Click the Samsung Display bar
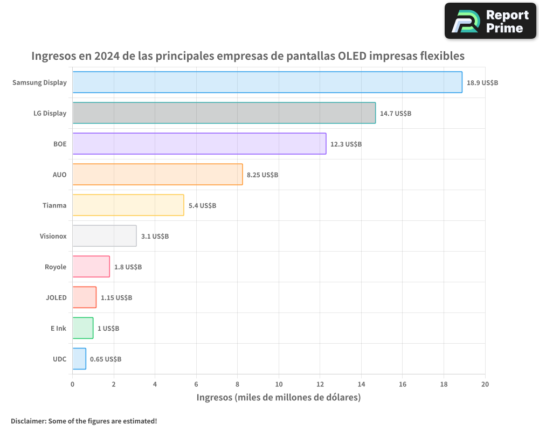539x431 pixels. pos(267,82)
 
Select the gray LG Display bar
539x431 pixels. pos(224,113)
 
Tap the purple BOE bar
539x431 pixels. pos(199,144)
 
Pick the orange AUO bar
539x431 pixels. pos(157,175)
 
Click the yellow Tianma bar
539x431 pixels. pos(128,205)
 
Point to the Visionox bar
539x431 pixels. pos(105,236)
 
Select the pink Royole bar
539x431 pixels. pos(91,267)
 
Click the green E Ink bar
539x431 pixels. pos(83,328)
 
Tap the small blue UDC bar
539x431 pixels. pos(79,359)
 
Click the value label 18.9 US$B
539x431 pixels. pos(482,83)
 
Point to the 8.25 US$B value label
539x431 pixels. pos(262,175)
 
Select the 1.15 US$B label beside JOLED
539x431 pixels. pos(116,298)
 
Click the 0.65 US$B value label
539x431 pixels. pos(106,359)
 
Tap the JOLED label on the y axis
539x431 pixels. pos(56,297)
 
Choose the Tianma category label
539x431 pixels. pos(54,205)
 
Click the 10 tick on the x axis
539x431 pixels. pos(279,384)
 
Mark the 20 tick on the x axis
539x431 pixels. pos(485,384)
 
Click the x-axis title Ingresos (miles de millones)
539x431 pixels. pos(278,398)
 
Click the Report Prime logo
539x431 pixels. pos(490,21)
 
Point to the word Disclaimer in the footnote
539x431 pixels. pos(28,421)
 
